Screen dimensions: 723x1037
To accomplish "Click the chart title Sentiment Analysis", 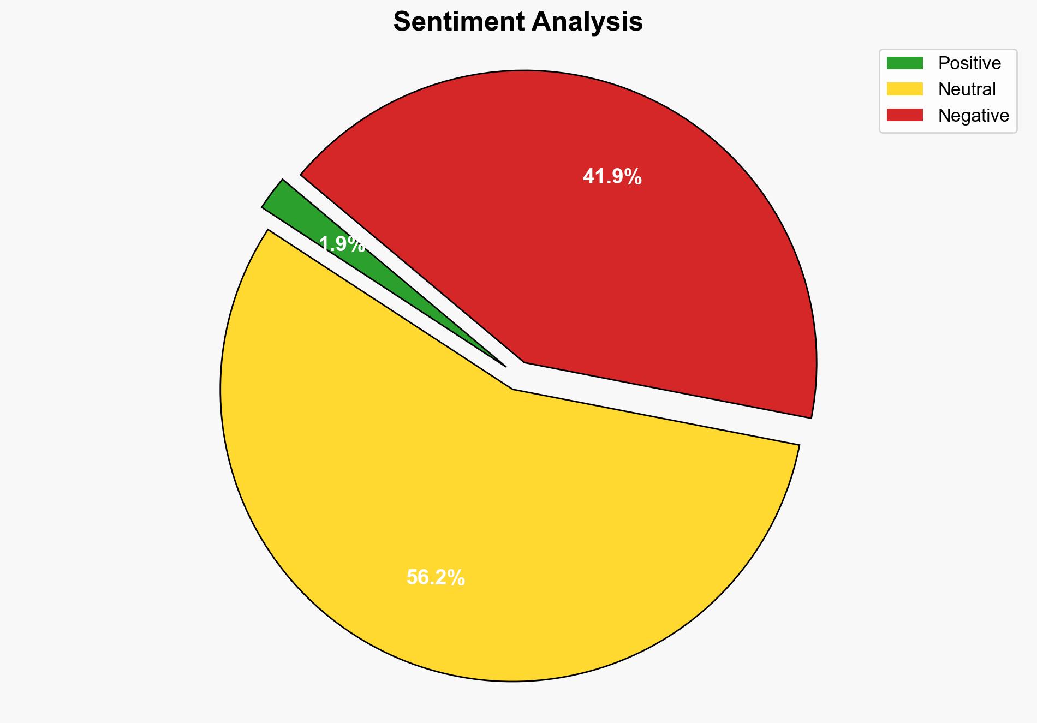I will [x=518, y=22].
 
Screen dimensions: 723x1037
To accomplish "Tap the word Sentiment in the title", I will [x=458, y=22].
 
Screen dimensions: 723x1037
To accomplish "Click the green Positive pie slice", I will [x=306, y=224].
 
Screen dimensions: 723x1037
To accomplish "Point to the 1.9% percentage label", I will [x=342, y=244].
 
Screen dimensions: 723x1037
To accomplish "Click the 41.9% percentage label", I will [x=612, y=177].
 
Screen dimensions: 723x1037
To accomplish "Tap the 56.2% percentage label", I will [x=436, y=577].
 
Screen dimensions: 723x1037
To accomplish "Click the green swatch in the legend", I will [x=904, y=63].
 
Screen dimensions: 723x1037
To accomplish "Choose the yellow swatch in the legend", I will [x=904, y=89].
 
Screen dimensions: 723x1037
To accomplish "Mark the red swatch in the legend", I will [x=904, y=115].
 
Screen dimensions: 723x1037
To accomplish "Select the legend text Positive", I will [x=969, y=63].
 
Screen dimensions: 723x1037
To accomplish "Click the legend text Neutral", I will [x=967, y=89].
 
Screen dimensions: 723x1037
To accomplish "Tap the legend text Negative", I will [x=973, y=115].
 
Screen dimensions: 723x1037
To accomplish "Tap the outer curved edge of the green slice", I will [x=272, y=193].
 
